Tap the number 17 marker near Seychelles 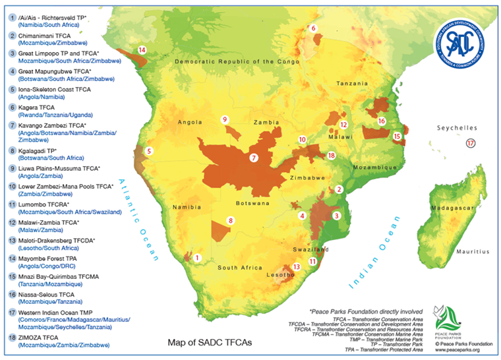(x=470, y=143)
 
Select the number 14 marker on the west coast (x=141, y=50)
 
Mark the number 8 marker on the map (x=230, y=220)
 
